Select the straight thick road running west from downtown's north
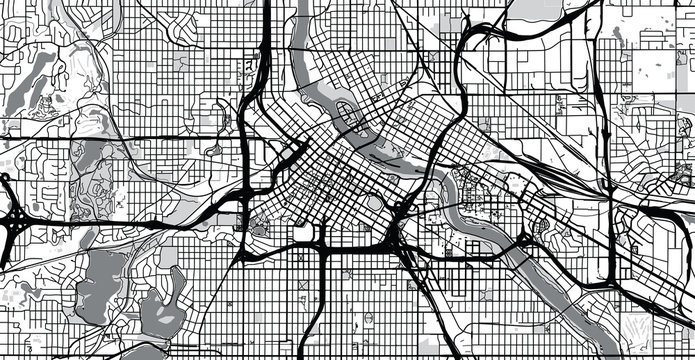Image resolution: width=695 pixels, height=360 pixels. point(150,135)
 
